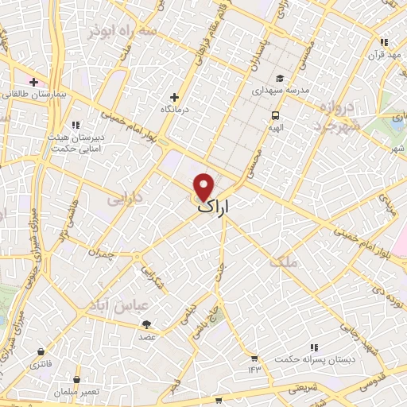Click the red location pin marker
(x=204, y=186)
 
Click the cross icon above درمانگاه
(x=174, y=97)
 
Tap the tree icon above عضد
(x=145, y=324)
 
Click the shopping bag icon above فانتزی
(x=40, y=351)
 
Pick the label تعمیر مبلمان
(x=76, y=392)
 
